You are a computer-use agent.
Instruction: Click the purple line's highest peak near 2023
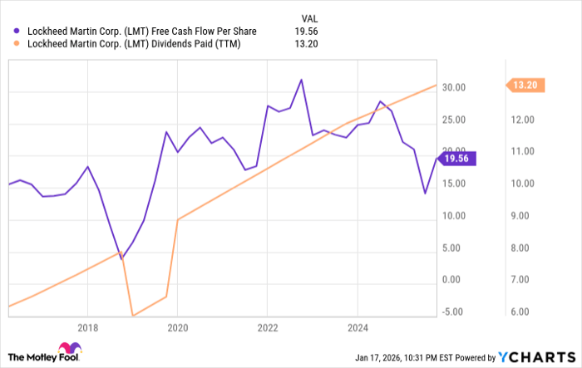point(301,80)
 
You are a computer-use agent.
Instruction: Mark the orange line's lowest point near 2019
point(132,316)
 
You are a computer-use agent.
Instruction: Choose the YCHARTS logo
point(537,356)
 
